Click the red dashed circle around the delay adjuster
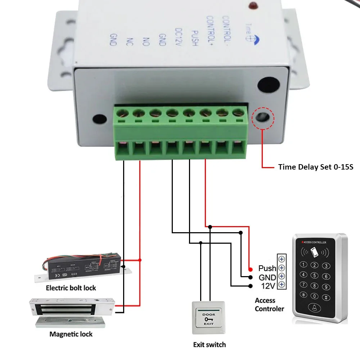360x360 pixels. click(263, 118)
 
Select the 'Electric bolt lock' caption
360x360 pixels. click(71, 288)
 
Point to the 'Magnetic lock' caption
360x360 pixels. click(71, 334)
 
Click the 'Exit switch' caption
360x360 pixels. click(210, 345)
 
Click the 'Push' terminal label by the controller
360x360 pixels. click(267, 268)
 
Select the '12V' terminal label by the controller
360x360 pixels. click(267, 286)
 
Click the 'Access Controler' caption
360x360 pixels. click(269, 305)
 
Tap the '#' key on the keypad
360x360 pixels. click(326, 297)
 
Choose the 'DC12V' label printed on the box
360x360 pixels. click(177, 36)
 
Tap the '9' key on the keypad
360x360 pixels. click(326, 287)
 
